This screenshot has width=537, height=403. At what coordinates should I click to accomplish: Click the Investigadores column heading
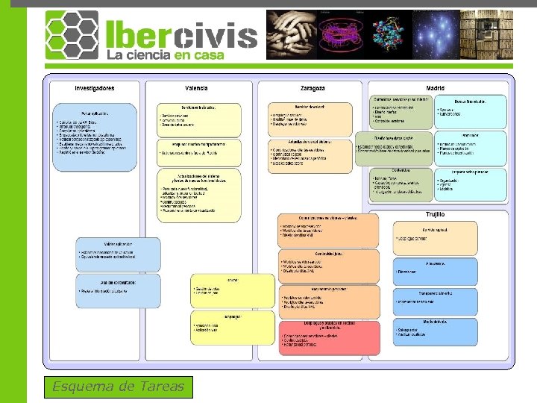point(95,88)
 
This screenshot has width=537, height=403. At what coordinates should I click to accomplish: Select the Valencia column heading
point(196,88)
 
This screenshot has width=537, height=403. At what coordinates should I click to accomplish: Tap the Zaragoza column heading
point(312,88)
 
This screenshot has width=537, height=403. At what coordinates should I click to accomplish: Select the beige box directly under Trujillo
point(436,238)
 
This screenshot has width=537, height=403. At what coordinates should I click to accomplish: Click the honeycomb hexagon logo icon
point(72,35)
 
